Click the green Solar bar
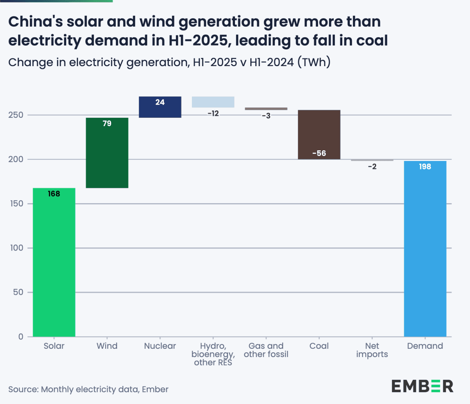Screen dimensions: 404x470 (x=54, y=262)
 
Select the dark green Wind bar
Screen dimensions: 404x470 (x=107, y=153)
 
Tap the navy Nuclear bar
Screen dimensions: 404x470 (x=160, y=107)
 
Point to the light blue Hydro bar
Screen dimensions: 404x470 (x=213, y=102)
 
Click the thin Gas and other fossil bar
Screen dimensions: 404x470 (x=266, y=109)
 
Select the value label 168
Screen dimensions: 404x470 (x=54, y=194)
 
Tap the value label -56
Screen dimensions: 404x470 (x=319, y=153)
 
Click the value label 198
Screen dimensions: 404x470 (x=425, y=167)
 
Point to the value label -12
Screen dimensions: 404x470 (x=213, y=114)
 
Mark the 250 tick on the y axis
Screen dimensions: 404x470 (x=16, y=115)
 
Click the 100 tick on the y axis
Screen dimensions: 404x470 (x=16, y=248)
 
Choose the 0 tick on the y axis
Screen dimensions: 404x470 (x=21, y=337)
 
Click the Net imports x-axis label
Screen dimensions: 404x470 (x=372, y=350)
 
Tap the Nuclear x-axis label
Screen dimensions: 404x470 (x=160, y=346)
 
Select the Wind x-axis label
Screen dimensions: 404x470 (x=107, y=346)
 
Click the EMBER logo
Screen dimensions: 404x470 (x=422, y=386)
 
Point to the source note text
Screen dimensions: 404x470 (x=88, y=390)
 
